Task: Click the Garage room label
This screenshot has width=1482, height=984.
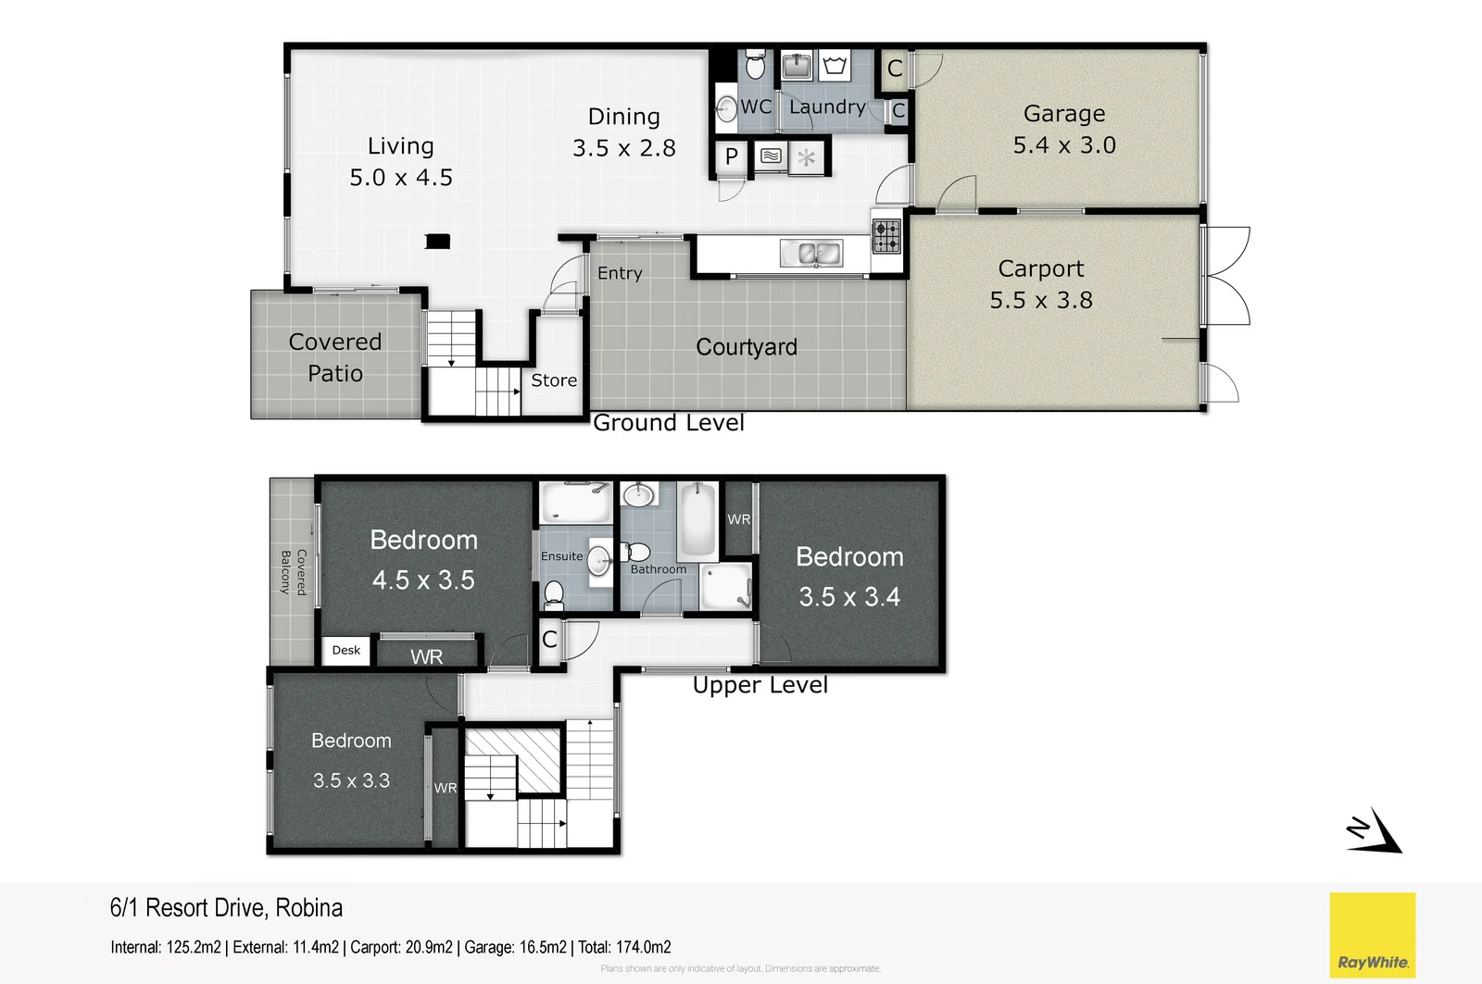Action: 1063,113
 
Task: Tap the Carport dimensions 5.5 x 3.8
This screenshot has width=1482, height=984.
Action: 1040,300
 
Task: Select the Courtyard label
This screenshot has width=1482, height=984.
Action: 746,347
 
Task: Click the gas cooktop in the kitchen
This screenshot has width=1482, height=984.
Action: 886,236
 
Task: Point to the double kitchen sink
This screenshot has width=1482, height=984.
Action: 810,253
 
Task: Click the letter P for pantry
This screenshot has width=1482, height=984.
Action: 731,157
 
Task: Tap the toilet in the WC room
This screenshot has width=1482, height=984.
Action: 755,65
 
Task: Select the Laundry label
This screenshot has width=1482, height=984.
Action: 827,107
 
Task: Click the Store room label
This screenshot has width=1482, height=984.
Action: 554,380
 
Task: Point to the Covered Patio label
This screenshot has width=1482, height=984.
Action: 334,357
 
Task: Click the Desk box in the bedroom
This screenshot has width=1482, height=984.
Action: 346,650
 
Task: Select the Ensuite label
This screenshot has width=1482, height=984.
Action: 561,556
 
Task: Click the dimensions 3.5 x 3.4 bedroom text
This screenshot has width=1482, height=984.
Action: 849,597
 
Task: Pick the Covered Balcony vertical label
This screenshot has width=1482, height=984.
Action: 293,571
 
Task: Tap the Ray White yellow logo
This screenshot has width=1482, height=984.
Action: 1372,935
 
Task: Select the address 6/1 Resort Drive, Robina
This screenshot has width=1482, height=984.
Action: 226,908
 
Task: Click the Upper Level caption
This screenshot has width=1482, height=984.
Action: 760,685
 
